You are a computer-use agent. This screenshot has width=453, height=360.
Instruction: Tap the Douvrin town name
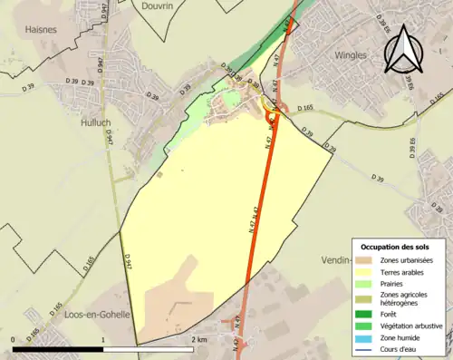tap(157, 5)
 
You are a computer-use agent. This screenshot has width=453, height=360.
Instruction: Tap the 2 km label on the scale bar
tap(198, 339)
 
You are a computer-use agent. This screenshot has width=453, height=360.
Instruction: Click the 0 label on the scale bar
tap(14, 339)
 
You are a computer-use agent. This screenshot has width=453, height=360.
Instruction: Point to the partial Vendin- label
tap(335, 259)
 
